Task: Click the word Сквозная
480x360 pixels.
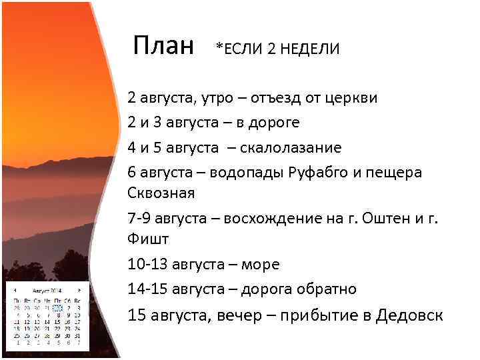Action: coord(161,193)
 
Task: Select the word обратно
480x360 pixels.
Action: coord(323,289)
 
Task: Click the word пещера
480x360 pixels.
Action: coord(397,172)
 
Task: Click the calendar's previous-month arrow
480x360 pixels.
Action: coord(15,291)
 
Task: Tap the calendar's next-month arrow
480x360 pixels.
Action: coord(80,291)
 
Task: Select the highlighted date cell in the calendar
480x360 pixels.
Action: coord(58,308)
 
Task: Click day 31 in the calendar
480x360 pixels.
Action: coord(77,336)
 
